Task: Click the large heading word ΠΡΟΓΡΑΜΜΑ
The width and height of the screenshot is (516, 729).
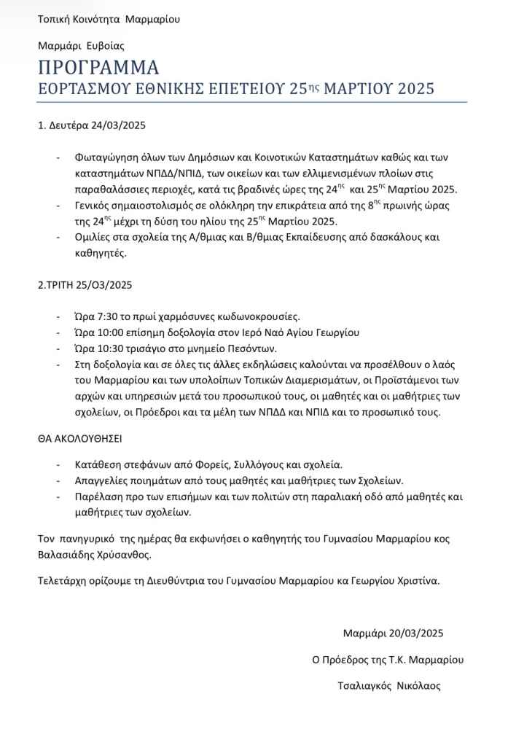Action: click(98, 68)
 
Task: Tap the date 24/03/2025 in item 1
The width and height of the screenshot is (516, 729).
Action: click(119, 125)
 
